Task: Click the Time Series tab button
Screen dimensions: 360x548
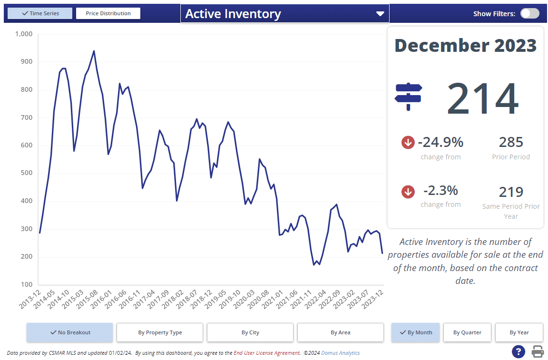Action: coord(40,13)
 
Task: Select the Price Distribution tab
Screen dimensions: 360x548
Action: coord(108,13)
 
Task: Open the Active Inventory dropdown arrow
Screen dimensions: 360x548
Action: coord(380,14)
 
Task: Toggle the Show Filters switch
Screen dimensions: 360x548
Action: coord(529,13)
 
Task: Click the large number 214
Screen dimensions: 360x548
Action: coord(482,99)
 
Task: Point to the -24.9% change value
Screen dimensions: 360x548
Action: coord(440,142)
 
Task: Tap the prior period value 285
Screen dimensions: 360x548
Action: coord(511,142)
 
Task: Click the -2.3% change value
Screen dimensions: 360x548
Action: coord(440,191)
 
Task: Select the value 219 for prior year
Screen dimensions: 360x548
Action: coord(511,192)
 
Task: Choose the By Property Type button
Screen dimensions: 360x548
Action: coord(160,332)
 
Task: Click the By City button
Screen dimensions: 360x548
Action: coord(250,332)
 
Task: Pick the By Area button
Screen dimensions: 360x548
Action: coord(341,332)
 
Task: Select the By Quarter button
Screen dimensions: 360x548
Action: coord(467,332)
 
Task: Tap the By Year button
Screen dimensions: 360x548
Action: coord(519,332)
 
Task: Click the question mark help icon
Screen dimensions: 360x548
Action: coord(518,352)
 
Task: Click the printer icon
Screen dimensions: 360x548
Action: coord(538,352)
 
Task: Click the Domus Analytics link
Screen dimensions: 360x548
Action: coord(341,353)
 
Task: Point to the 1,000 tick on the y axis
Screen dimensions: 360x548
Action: coord(23,34)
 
